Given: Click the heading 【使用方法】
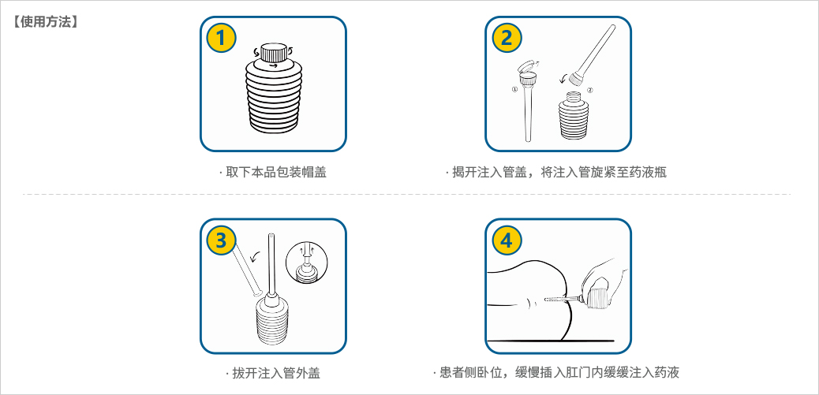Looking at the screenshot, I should pos(46,21).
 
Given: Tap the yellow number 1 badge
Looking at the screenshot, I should pos(221,37).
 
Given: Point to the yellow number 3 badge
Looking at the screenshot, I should pos(221,240).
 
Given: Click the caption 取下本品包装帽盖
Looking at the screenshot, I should pos(273,171).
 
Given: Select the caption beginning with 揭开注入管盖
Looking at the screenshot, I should pos(557,171).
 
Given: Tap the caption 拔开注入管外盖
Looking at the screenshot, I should pos(273,373).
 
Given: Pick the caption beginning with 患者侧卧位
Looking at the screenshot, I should pos(557,373).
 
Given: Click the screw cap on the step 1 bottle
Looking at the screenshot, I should pos(273,54).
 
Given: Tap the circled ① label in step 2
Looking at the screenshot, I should pos(515,91).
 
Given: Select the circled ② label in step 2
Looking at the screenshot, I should pos(589,91).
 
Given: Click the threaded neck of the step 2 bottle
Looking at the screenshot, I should pos(572,98).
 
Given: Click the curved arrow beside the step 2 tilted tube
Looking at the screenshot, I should pos(563,78).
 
